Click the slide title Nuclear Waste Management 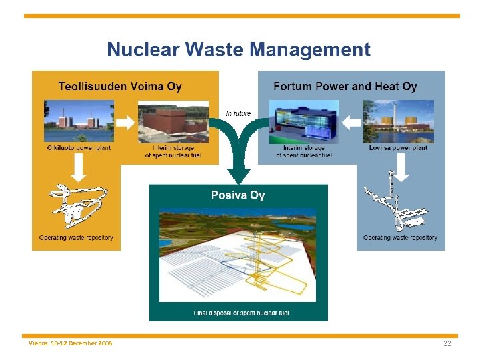click(239, 49)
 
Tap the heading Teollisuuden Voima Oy click(120, 86)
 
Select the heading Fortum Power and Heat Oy click(345, 86)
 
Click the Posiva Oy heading click(238, 195)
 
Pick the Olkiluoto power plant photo click(79, 121)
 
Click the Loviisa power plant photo click(398, 121)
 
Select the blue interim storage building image click(303, 121)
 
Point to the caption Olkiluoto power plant click(79, 148)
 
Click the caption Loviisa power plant click(398, 148)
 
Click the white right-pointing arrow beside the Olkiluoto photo click(125, 123)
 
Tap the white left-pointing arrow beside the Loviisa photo click(351, 123)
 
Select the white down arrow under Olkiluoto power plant click(79, 167)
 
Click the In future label click(238, 113)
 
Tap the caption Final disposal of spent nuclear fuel click(241, 313)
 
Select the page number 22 click(447, 343)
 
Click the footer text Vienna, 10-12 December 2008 click(71, 343)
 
